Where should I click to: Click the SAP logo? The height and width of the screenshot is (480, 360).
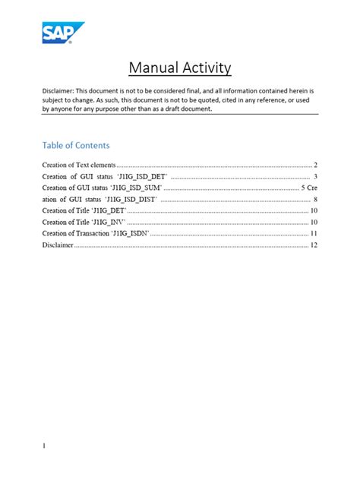pos(62,33)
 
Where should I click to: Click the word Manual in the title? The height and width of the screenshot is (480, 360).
pos(153,69)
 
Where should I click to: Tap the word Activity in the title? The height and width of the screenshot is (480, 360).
pos(205,69)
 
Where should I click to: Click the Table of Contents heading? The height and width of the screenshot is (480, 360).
pos(76,145)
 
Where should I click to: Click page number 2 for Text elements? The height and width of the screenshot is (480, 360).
pos(314,165)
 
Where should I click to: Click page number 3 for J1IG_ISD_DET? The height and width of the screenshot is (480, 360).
pos(314,176)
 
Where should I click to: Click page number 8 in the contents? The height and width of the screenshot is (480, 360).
pos(314,199)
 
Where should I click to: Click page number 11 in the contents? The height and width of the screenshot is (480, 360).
pos(313,233)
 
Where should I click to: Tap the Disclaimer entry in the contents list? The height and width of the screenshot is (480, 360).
pos(57,245)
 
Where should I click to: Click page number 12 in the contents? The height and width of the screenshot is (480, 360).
pos(313,245)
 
